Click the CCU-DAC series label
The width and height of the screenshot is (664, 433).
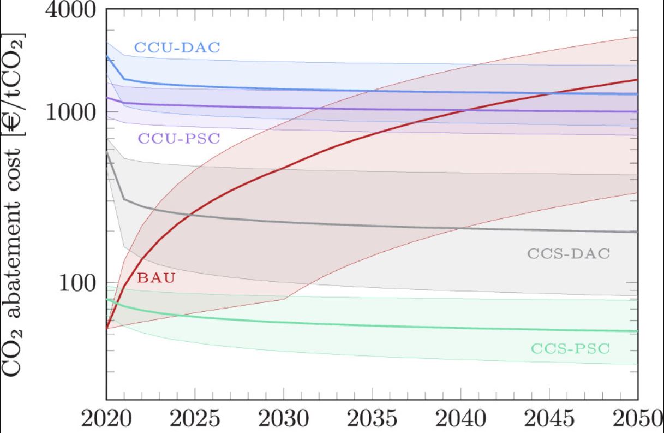click(x=177, y=48)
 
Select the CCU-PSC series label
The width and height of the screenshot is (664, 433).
click(x=178, y=138)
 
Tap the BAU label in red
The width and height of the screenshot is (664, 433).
click(x=156, y=278)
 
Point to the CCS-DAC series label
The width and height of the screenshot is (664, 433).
click(x=568, y=254)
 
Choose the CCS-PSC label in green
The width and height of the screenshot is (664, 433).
click(x=569, y=348)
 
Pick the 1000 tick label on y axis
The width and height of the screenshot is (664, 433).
click(x=69, y=112)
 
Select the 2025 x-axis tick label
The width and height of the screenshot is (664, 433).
click(x=195, y=420)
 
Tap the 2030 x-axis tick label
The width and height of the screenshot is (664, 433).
click(x=283, y=420)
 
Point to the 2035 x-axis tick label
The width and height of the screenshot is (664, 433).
click(x=372, y=420)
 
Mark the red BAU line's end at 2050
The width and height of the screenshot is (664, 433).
click(x=637, y=80)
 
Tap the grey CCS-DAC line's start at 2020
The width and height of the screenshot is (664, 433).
click(x=107, y=152)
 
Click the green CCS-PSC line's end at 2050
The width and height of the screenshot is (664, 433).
click(x=637, y=331)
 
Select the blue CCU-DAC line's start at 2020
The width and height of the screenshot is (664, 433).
click(x=107, y=56)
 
